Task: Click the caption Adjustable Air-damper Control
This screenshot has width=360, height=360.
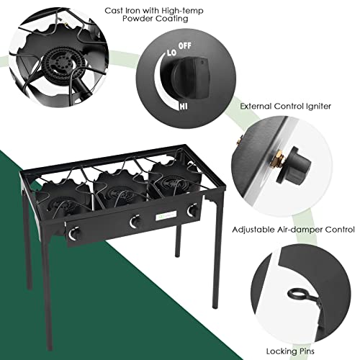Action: pos(293,230)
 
